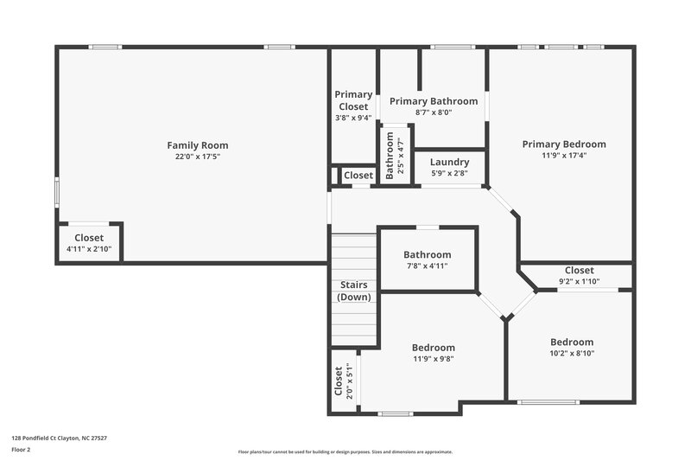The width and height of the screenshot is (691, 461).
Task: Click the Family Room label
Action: pyautogui.click(x=197, y=145)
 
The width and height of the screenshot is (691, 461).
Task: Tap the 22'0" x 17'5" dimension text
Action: pyautogui.click(x=197, y=157)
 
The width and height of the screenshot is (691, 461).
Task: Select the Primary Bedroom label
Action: pyautogui.click(x=563, y=144)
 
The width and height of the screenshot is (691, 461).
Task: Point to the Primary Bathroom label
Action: pyautogui.click(x=434, y=101)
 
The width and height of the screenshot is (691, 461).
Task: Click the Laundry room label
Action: pyautogui.click(x=449, y=162)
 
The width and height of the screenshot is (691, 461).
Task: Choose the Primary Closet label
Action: pyautogui.click(x=353, y=100)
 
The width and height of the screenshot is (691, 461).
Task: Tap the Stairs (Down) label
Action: pyautogui.click(x=353, y=291)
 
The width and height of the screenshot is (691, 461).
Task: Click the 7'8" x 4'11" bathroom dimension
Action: pyautogui.click(x=427, y=266)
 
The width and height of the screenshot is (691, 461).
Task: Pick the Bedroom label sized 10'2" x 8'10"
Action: pyautogui.click(x=572, y=342)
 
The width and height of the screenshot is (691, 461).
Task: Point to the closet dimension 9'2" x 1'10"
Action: pyautogui.click(x=579, y=281)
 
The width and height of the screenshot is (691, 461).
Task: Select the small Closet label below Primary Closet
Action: pyautogui.click(x=358, y=176)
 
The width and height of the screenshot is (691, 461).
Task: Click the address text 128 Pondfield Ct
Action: pyautogui.click(x=59, y=439)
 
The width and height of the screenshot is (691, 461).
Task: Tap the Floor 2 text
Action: pyautogui.click(x=21, y=450)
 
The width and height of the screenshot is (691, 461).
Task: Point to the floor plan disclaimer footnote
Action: pyautogui.click(x=345, y=451)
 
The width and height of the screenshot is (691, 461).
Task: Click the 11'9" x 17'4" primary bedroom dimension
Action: pyautogui.click(x=563, y=156)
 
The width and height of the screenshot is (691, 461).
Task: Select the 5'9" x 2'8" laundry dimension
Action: pyautogui.click(x=449, y=173)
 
